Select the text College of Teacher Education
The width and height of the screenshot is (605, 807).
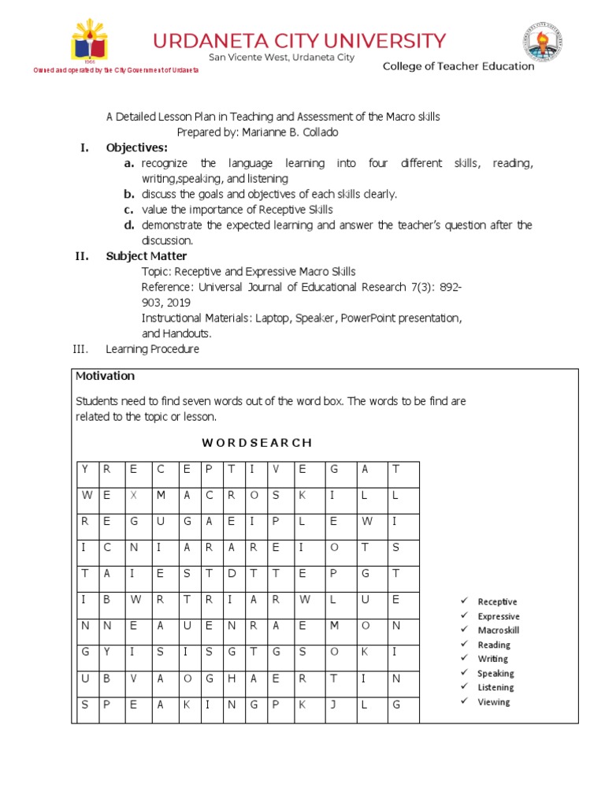click(458, 66)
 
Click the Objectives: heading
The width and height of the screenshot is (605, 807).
click(137, 147)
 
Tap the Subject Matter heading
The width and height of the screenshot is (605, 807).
click(147, 256)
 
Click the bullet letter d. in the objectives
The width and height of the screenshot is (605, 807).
click(128, 225)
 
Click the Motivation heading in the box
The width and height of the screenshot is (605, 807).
click(105, 376)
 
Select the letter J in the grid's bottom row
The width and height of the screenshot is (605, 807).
click(333, 704)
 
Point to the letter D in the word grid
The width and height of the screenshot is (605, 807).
click(232, 573)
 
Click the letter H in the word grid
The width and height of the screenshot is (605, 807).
click(232, 678)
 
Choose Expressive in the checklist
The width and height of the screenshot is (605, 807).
click(499, 616)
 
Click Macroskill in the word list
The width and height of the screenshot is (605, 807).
click(499, 630)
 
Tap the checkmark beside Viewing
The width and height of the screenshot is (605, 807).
click(465, 701)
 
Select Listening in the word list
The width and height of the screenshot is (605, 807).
click(496, 687)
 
